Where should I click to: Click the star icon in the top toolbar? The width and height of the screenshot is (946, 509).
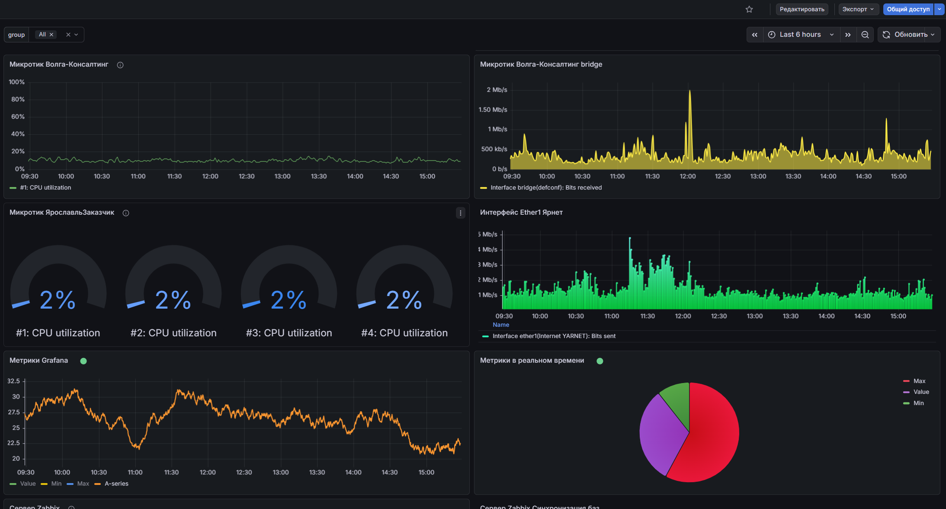click(749, 9)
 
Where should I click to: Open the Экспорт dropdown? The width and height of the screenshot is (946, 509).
click(858, 9)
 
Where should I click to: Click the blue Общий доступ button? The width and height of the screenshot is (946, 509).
click(908, 9)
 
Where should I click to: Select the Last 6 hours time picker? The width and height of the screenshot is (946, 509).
click(800, 35)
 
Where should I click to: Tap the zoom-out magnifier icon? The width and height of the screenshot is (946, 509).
click(865, 35)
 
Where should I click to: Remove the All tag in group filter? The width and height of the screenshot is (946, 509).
click(51, 35)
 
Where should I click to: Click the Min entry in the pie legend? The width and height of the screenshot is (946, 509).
click(918, 403)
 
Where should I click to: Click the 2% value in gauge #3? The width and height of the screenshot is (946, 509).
click(289, 300)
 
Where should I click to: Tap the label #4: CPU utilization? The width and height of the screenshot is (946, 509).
click(404, 333)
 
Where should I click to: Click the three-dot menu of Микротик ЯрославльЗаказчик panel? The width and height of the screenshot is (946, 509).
click(461, 213)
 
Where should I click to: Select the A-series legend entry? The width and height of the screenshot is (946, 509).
click(116, 483)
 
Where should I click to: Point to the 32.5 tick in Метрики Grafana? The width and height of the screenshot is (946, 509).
click(13, 381)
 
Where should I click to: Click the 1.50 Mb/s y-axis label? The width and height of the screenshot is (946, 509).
click(493, 110)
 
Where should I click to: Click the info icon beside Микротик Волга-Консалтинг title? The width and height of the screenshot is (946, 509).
click(120, 65)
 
